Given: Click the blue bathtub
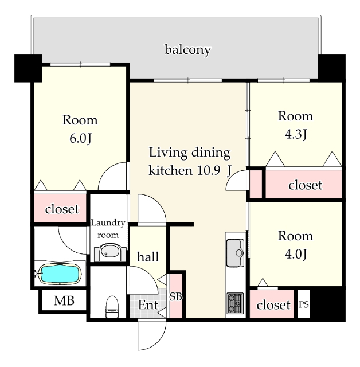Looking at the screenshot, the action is [60, 274].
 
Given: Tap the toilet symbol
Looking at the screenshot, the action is [112, 307].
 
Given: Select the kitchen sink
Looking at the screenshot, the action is [235, 253].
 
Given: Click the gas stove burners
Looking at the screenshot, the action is [235, 303].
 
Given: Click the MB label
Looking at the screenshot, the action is [64, 300].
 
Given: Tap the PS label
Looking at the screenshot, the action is [304, 304].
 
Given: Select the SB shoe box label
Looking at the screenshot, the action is [175, 297].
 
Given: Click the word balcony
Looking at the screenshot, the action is [188, 50].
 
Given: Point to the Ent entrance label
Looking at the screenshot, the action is [148, 304].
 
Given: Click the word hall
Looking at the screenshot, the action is [148, 256].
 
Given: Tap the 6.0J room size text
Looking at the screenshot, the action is [80, 139].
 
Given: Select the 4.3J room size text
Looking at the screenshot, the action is [296, 134].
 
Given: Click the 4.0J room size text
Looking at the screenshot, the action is [296, 254].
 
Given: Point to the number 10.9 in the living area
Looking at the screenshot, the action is [209, 170].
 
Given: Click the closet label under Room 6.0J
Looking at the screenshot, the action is [62, 209].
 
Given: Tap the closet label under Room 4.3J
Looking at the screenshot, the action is [306, 185].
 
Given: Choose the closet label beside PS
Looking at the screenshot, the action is [273, 304].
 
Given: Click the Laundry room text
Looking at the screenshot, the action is [108, 228].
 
